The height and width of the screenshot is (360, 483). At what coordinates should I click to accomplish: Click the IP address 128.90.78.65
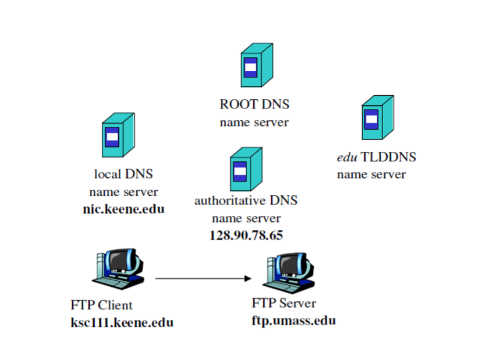(246, 235)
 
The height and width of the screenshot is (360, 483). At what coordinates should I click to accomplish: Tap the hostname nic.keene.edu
(123, 209)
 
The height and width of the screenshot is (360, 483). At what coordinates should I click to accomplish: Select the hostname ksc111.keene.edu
(122, 323)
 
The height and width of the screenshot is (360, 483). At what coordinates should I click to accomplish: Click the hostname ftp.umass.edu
(293, 321)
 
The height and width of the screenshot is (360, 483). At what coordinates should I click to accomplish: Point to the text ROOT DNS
(254, 105)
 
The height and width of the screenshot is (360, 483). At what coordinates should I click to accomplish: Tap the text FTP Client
(101, 306)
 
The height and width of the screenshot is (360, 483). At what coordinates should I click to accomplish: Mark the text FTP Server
(284, 303)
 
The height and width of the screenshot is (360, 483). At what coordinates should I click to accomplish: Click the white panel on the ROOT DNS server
(251, 67)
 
